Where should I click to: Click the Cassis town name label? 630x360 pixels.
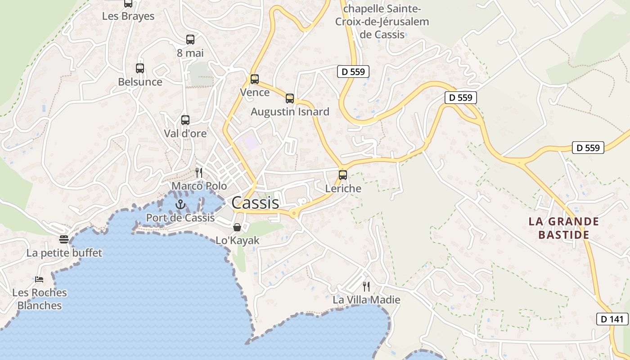[x=255, y=203]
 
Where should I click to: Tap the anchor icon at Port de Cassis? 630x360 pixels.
[x=180, y=204]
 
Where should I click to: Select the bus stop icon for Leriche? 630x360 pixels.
[x=343, y=175]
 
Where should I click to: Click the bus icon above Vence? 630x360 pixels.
[x=255, y=79]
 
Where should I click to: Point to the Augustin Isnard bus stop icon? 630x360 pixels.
[x=290, y=98]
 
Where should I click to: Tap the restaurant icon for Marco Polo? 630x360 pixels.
[x=199, y=172]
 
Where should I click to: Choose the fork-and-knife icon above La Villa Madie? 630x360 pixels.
[x=366, y=286]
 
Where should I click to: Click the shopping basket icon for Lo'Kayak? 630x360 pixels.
[x=237, y=227]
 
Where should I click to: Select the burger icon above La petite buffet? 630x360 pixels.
[x=64, y=239]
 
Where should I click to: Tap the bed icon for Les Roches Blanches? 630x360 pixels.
[x=39, y=279]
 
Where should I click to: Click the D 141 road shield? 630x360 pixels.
[x=612, y=319]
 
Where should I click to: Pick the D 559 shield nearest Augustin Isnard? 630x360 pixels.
[x=353, y=71]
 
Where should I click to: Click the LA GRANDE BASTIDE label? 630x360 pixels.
[x=564, y=228]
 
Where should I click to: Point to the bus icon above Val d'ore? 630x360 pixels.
[x=185, y=120]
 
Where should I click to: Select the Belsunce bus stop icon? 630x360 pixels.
[x=140, y=68]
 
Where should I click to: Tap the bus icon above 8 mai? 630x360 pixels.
[x=190, y=40]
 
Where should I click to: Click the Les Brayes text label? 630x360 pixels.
[x=128, y=16]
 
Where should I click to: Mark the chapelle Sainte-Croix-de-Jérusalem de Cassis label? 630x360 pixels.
[x=382, y=22]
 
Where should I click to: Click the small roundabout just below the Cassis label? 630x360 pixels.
[x=294, y=214]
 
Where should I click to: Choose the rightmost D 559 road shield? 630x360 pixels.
[x=588, y=148]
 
